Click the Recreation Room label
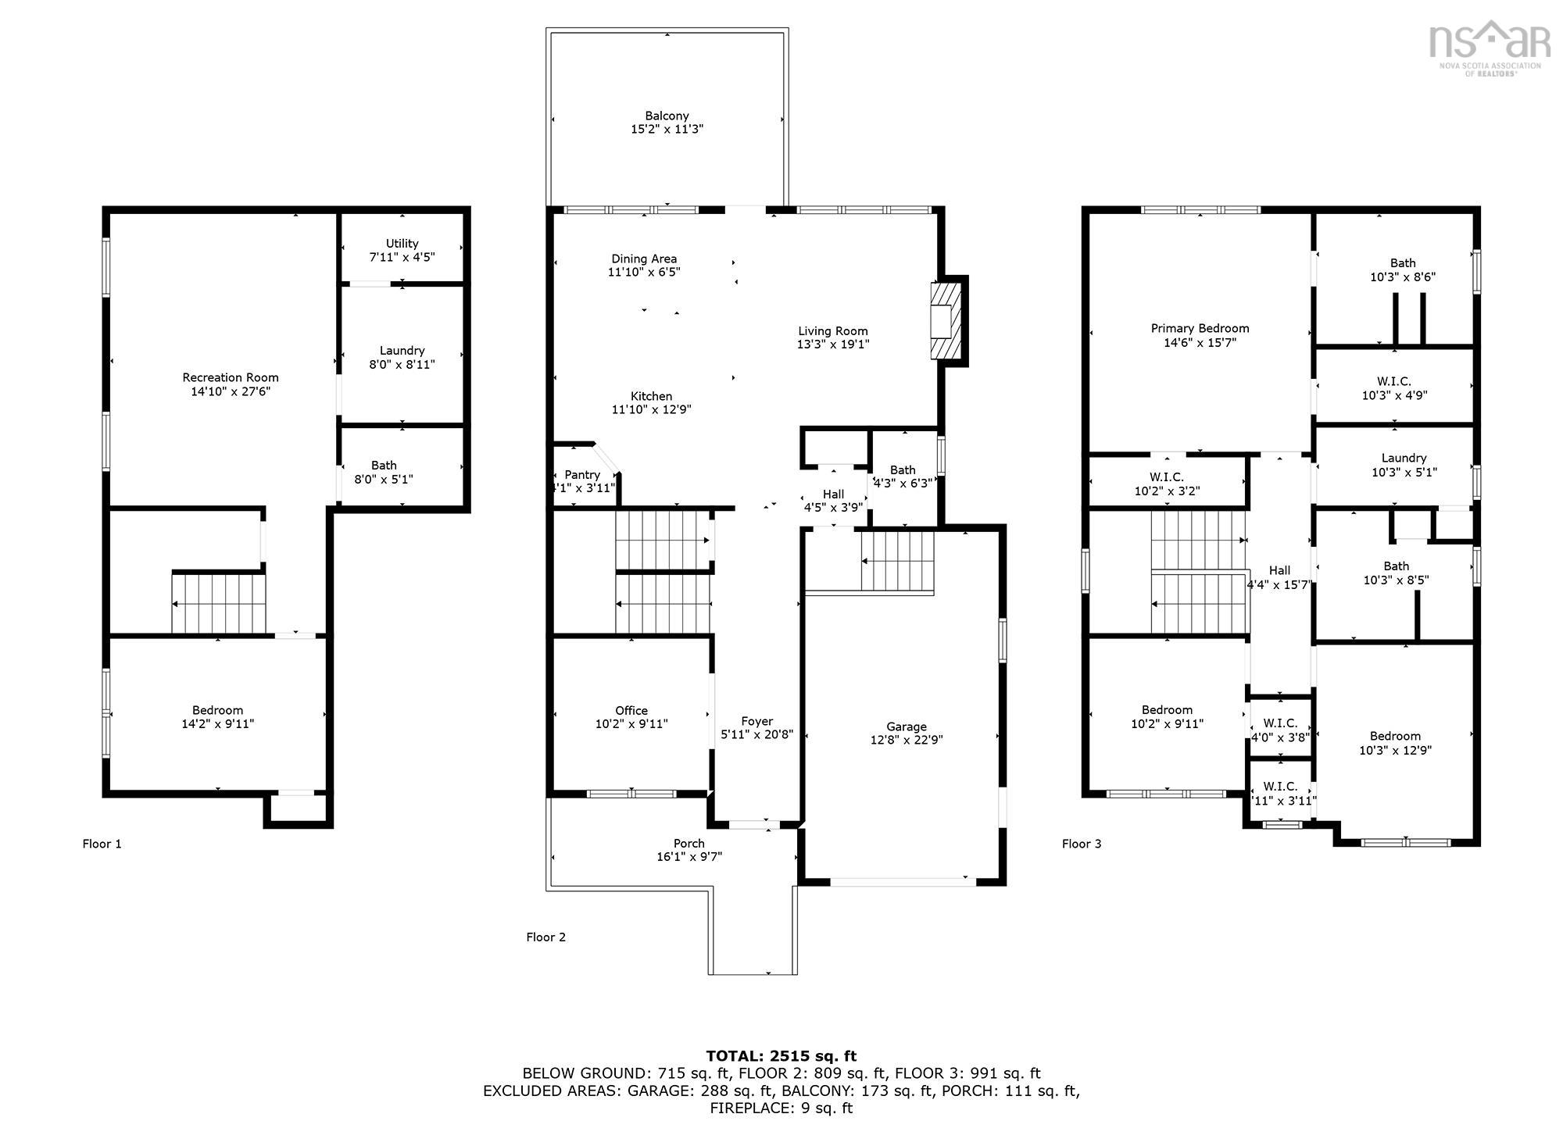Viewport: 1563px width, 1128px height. point(230,377)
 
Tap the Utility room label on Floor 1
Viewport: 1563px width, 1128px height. point(402,243)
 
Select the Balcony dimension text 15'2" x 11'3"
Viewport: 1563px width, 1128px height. point(667,130)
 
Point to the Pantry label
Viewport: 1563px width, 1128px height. point(582,474)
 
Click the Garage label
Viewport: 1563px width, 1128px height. point(906,726)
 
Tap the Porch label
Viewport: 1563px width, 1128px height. point(689,843)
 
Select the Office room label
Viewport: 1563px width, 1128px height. point(631,710)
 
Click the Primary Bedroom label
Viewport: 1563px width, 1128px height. point(1200,328)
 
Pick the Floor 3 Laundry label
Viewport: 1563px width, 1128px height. point(1404,458)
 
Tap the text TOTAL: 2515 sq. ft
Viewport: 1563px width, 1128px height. point(781,1056)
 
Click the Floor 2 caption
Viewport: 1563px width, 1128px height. point(545,937)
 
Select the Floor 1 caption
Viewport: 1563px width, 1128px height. point(102,844)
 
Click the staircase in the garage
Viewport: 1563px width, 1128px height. point(898,561)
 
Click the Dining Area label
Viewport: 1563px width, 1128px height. point(644,259)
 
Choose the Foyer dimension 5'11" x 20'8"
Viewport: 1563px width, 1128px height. point(756,734)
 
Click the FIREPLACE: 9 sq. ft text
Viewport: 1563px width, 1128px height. point(781,1108)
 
